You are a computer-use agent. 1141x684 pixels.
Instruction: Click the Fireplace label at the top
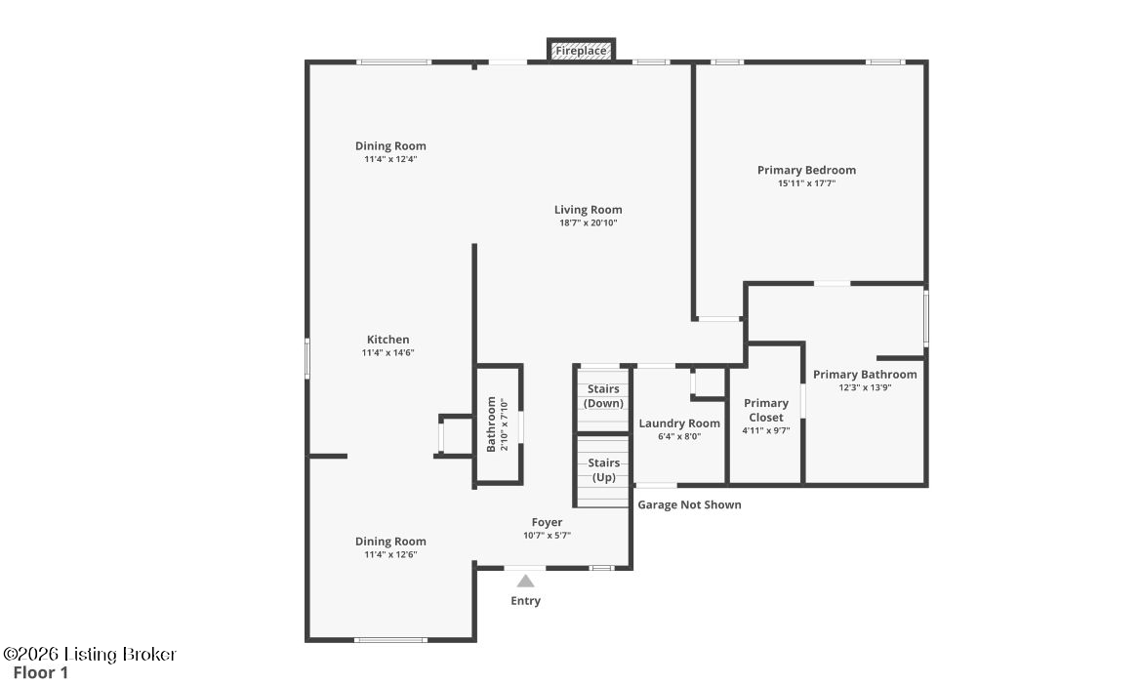pyautogui.click(x=581, y=51)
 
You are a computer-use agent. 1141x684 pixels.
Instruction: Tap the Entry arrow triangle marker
pyautogui.click(x=525, y=581)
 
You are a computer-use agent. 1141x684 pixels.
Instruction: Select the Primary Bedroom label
pyautogui.click(x=806, y=171)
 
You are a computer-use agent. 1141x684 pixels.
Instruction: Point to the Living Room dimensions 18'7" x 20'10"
pyautogui.click(x=588, y=222)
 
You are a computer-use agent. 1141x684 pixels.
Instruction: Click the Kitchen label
pyautogui.click(x=387, y=340)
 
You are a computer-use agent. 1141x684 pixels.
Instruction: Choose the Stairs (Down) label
pyautogui.click(x=603, y=396)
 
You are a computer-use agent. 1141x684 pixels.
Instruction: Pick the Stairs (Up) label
pyautogui.click(x=604, y=470)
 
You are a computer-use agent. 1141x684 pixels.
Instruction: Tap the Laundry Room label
pyautogui.click(x=679, y=423)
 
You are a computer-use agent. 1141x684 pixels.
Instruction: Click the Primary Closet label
pyautogui.click(x=765, y=411)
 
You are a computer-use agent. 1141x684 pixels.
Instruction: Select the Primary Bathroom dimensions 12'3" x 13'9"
pyautogui.click(x=865, y=387)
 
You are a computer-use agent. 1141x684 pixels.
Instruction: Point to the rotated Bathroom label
pyautogui.click(x=491, y=424)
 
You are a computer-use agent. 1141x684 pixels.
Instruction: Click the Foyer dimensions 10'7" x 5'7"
pyautogui.click(x=547, y=536)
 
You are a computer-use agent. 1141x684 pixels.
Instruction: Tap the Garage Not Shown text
pyautogui.click(x=689, y=505)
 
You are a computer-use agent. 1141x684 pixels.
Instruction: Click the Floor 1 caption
pyautogui.click(x=41, y=673)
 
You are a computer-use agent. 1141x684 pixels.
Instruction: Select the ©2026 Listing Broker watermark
pyautogui.click(x=90, y=654)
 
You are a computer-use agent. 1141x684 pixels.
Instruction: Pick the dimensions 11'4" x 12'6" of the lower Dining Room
pyautogui.click(x=390, y=554)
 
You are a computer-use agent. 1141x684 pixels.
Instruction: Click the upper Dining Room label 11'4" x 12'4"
pyautogui.click(x=390, y=152)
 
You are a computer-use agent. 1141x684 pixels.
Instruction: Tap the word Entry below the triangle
pyautogui.click(x=525, y=601)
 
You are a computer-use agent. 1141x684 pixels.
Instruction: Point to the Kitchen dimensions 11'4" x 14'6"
pyautogui.click(x=387, y=353)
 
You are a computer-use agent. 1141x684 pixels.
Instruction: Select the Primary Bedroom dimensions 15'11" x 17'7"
pyautogui.click(x=806, y=183)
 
